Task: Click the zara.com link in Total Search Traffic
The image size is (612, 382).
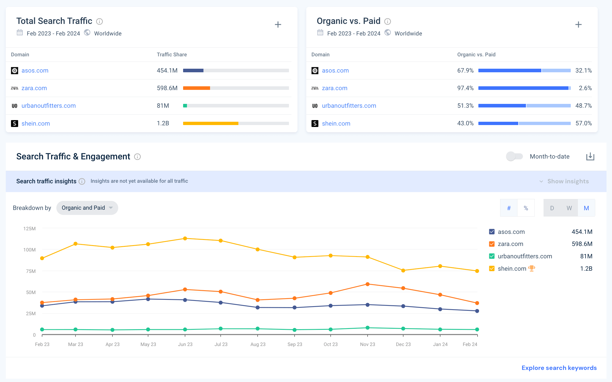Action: click(x=34, y=88)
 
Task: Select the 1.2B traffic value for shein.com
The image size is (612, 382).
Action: click(x=163, y=123)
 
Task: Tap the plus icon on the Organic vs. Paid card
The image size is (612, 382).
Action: click(x=578, y=25)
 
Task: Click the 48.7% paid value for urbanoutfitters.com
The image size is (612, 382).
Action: click(x=583, y=106)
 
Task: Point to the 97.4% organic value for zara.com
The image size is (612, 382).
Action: click(x=465, y=88)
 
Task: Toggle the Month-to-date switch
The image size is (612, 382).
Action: click(x=514, y=156)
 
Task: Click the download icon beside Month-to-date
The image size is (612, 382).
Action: click(x=590, y=157)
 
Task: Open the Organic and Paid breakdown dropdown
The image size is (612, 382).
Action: click(x=87, y=208)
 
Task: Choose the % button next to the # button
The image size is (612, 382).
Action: click(x=526, y=208)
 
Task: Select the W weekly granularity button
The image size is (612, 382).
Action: click(x=569, y=208)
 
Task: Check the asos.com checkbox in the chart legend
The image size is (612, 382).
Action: click(x=492, y=232)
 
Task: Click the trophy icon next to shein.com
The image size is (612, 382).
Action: click(x=532, y=268)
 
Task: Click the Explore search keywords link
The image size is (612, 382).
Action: click(x=559, y=368)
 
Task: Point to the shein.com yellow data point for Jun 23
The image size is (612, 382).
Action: click(x=185, y=239)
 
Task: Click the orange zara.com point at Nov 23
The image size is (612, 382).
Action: click(x=368, y=284)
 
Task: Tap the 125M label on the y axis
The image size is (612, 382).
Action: click(x=29, y=229)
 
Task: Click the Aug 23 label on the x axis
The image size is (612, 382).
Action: click(x=258, y=344)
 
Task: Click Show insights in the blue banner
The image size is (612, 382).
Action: click(x=568, y=181)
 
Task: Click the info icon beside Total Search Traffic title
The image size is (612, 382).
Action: click(x=100, y=21)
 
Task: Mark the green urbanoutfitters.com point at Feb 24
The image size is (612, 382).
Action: click(x=477, y=329)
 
